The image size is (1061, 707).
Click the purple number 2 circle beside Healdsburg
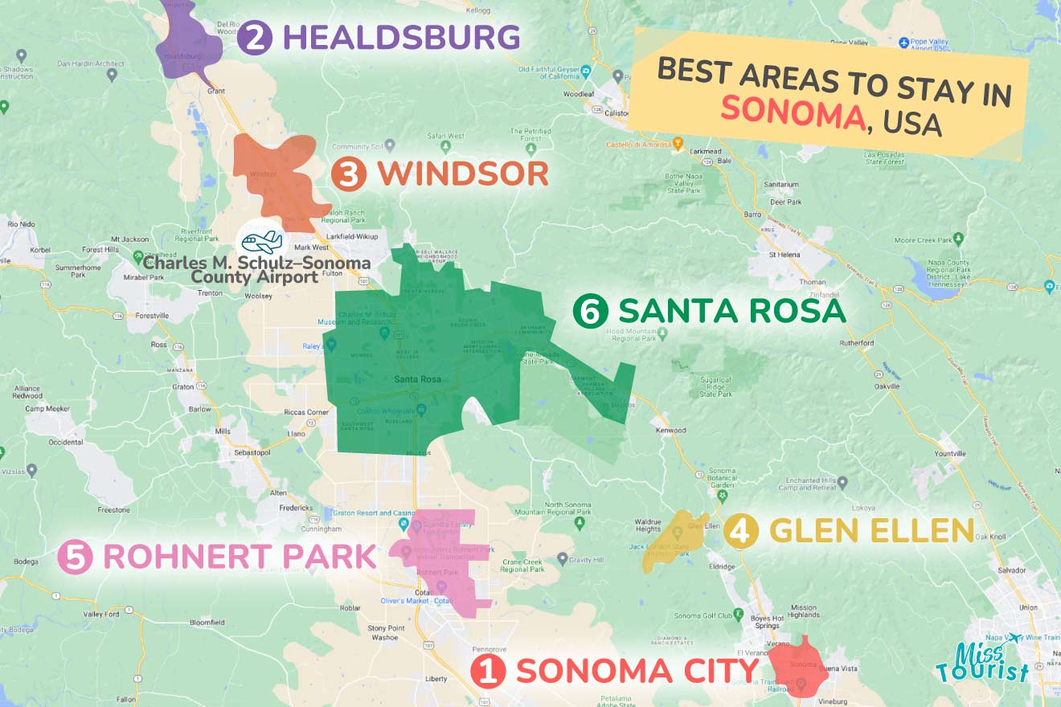[255, 38]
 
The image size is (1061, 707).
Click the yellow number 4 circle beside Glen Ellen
[740, 531]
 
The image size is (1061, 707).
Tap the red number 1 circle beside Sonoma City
[487, 671]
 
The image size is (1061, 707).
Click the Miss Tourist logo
[982, 660]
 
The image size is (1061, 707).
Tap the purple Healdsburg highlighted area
[190, 44]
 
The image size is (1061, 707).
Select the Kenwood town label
[671, 431]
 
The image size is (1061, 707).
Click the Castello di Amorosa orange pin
[678, 145]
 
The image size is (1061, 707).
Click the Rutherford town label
[856, 343]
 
